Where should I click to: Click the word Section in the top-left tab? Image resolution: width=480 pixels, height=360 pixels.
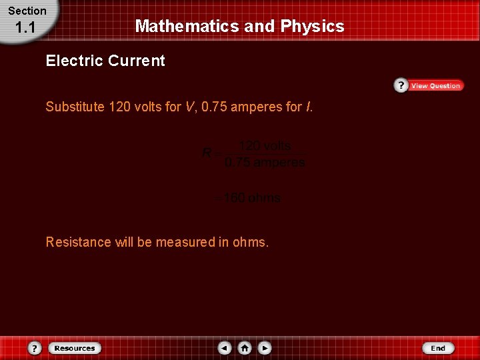[x=27, y=11]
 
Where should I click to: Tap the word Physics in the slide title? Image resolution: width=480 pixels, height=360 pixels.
[x=312, y=26]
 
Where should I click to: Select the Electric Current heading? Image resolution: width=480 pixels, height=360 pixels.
[x=105, y=61]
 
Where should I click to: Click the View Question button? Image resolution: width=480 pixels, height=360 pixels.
[x=435, y=85]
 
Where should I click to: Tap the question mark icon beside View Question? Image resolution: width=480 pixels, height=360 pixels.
[x=401, y=85]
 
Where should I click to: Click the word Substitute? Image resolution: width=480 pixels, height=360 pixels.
[x=75, y=107]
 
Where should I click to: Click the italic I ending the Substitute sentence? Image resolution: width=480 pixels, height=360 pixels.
[x=308, y=107]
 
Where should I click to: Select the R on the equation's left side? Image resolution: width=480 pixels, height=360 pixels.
[x=207, y=153]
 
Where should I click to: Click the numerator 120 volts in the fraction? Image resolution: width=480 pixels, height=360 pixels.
[x=265, y=146]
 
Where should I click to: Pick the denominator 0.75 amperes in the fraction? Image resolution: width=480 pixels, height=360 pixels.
[x=265, y=162]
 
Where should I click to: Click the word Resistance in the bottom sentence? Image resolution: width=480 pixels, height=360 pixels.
[x=78, y=242]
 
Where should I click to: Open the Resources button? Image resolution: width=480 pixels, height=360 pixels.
[x=74, y=348]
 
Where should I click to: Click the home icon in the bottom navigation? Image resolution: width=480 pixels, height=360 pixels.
[x=245, y=348]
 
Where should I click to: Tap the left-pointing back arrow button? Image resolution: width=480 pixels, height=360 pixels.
[x=225, y=348]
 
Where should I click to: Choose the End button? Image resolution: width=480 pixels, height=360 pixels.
[x=438, y=348]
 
